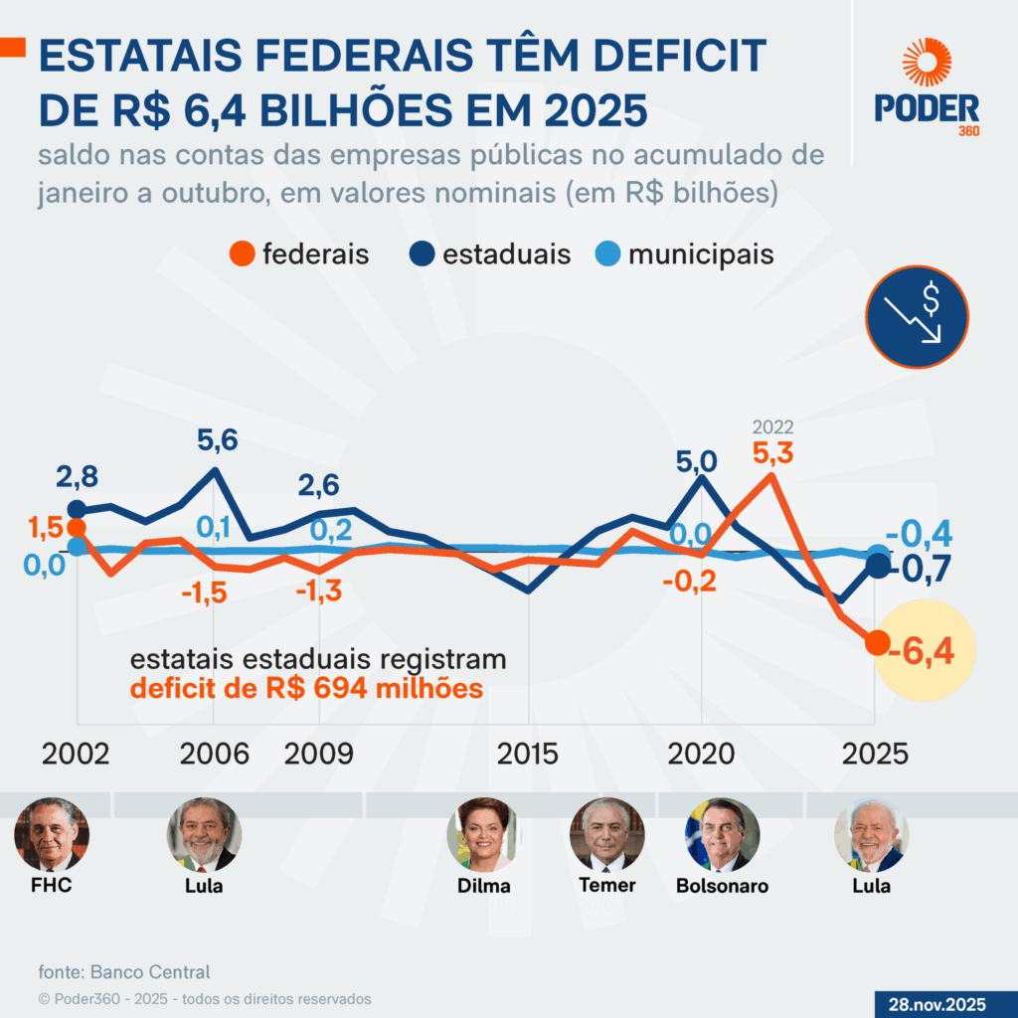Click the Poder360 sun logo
927,63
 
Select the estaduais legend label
507,254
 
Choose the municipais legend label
701,254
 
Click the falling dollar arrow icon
917,315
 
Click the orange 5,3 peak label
772,453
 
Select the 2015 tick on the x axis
528,754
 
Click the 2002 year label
76,754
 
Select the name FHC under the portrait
51,885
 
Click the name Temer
606,885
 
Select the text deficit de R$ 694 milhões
306,688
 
